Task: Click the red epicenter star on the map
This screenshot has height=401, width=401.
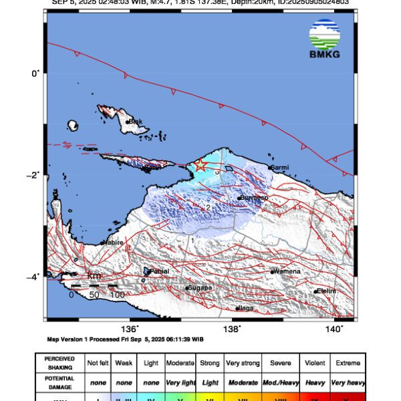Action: pyautogui.click(x=200, y=165)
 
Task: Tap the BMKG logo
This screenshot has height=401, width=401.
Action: pyautogui.click(x=324, y=39)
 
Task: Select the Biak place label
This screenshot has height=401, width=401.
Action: pyautogui.click(x=136, y=122)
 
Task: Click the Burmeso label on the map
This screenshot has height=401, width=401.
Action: pyautogui.click(x=255, y=198)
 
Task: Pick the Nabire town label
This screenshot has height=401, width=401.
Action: pyautogui.click(x=112, y=242)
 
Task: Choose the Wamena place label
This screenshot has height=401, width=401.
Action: pyautogui.click(x=287, y=271)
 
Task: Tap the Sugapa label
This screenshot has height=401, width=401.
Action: pyautogui.click(x=200, y=288)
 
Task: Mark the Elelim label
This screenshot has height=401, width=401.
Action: pyautogui.click(x=325, y=291)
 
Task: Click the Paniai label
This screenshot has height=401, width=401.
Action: pyautogui.click(x=160, y=271)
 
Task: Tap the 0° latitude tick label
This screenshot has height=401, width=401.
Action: pyautogui.click(x=37, y=72)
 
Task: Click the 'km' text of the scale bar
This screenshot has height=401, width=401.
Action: pyautogui.click(x=94, y=275)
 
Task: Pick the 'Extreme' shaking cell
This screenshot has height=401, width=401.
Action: pyautogui.click(x=348, y=363)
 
